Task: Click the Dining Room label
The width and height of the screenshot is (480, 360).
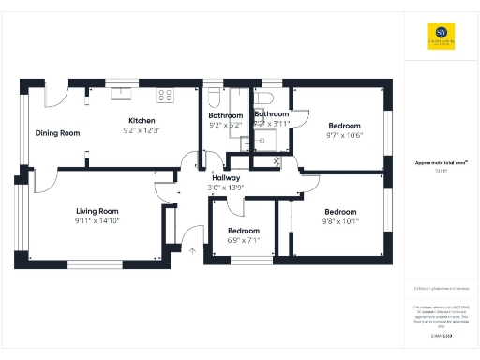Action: (58, 133)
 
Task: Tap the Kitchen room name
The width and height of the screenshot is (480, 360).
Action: (142, 121)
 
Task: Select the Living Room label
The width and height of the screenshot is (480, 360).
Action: (97, 211)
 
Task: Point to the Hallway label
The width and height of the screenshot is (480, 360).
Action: (226, 177)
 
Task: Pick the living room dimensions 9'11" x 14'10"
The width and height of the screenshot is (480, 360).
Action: (97, 221)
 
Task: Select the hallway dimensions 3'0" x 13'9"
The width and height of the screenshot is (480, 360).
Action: (226, 187)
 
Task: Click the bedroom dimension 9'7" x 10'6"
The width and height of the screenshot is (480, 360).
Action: (344, 135)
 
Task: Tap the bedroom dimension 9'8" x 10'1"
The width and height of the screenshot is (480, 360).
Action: (340, 222)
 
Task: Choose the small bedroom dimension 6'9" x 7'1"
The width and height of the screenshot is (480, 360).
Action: (244, 240)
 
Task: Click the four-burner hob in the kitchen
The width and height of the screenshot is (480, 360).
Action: (166, 94)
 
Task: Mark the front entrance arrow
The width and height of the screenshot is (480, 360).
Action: (193, 249)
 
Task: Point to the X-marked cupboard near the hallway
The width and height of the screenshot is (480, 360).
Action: (277, 161)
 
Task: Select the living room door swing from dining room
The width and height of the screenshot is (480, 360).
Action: (168, 187)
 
